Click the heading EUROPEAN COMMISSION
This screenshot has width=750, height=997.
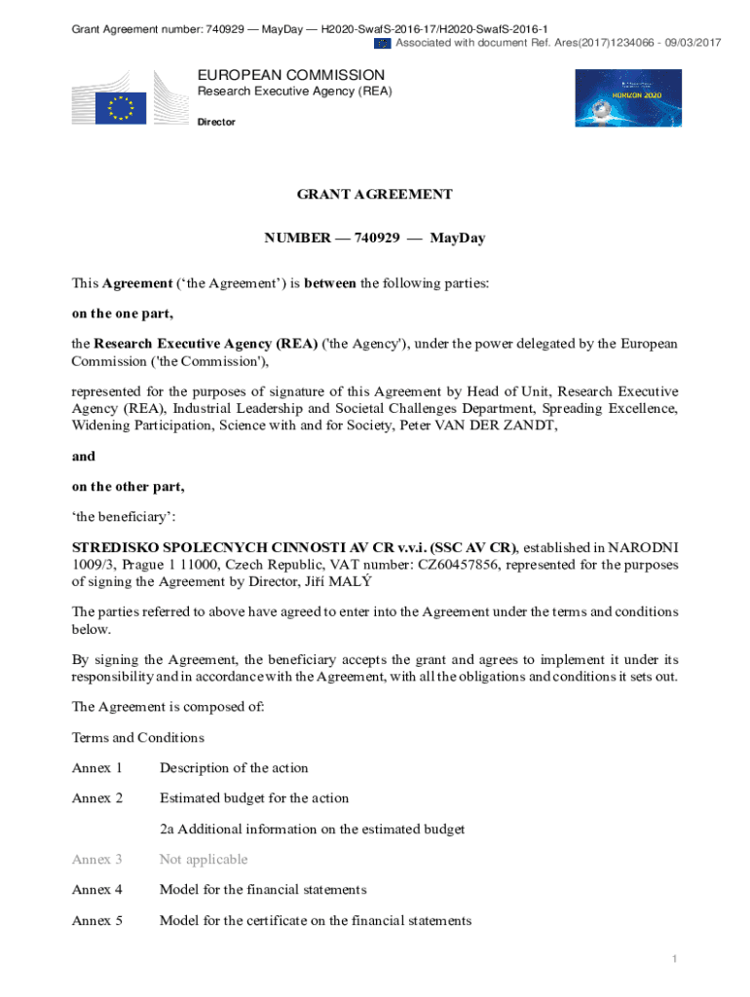coord(291,75)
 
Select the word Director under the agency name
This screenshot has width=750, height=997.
coord(216,122)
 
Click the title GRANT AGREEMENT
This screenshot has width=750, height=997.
coord(374,194)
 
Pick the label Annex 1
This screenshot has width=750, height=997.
coord(97,768)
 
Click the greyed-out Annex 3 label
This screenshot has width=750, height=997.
coord(97,859)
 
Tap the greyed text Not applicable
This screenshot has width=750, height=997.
coord(204,859)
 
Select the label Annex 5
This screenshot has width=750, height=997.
coord(97,920)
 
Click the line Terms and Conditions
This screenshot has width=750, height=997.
coord(137,737)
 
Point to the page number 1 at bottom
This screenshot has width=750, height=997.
coord(674,960)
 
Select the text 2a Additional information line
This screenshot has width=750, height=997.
coord(312,829)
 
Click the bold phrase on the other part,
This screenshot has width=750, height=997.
coord(128,486)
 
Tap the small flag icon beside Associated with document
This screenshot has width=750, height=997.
coord(383,43)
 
